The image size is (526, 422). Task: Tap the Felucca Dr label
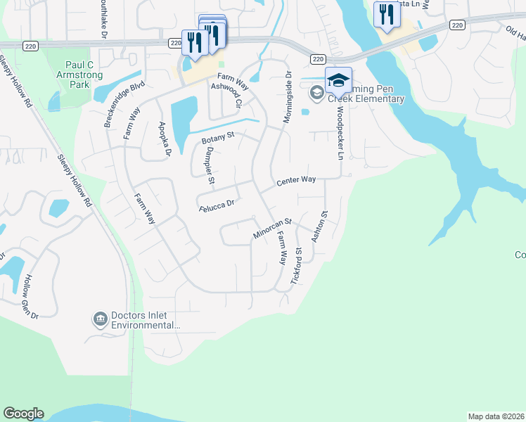pos(216,205)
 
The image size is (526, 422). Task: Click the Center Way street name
pos(295,181)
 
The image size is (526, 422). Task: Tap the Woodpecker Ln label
pos(338,133)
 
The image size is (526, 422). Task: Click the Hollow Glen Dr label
pos(32,295)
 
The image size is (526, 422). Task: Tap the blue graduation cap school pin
pos(338,81)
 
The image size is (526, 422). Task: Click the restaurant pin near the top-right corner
pos(385,16)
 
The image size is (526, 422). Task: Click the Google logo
pos(23,414)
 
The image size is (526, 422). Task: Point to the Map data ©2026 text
pos(496,416)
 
